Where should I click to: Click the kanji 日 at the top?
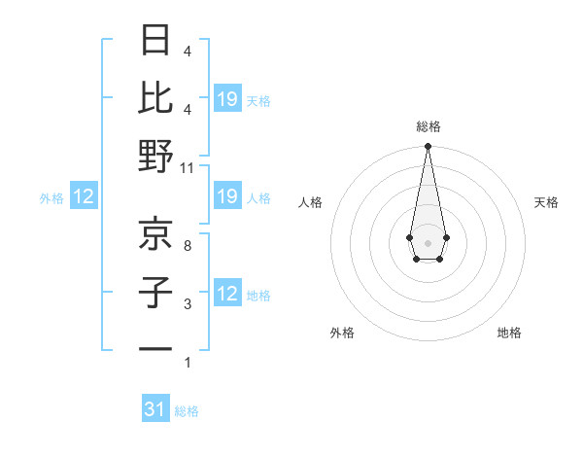(x=155, y=41)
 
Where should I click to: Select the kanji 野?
(x=155, y=156)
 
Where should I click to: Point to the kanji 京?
(x=155, y=232)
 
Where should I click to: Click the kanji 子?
(x=155, y=291)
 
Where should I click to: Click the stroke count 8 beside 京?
(x=187, y=245)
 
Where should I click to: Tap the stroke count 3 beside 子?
(x=187, y=304)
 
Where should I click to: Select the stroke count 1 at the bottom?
(x=187, y=363)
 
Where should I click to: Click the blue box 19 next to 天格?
(x=227, y=98)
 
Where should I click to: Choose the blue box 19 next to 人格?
(x=227, y=196)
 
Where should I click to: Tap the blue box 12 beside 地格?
(x=227, y=294)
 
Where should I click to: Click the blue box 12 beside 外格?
(x=84, y=196)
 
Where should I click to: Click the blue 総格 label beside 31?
(x=187, y=411)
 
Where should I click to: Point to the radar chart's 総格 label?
(x=428, y=126)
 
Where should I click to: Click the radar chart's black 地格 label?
(x=509, y=333)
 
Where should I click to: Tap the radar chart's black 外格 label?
(x=342, y=333)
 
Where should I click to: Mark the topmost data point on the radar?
(x=428, y=146)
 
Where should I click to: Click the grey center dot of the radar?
(x=428, y=242)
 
